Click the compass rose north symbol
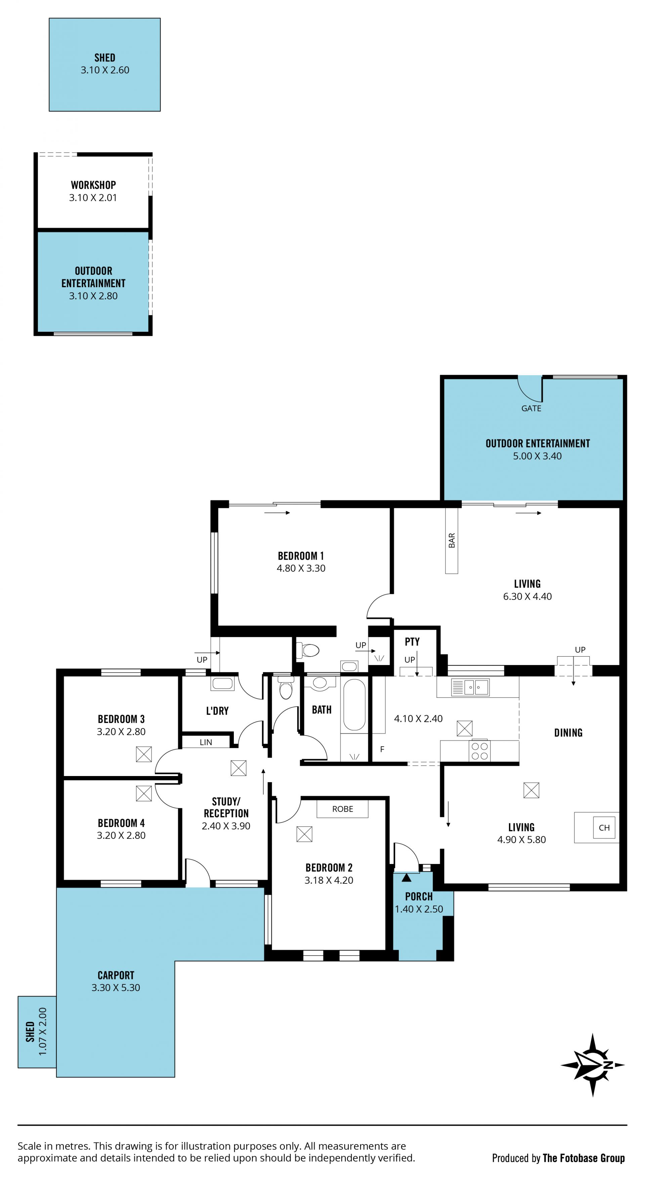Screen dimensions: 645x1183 (593, 1065)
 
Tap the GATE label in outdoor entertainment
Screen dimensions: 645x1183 (531, 408)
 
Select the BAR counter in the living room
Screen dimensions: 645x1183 (451, 540)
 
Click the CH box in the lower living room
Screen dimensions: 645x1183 (604, 828)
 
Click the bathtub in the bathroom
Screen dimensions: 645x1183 (354, 705)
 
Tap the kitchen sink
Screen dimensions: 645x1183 (470, 687)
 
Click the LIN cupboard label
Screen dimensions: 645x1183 (206, 742)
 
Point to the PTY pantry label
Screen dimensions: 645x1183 (412, 641)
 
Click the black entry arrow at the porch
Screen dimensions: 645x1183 (406, 878)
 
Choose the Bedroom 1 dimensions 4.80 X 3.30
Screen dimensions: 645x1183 (301, 568)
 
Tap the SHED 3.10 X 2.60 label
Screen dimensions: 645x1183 (105, 64)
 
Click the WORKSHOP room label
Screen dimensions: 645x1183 (93, 185)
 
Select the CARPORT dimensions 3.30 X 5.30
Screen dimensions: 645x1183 (116, 987)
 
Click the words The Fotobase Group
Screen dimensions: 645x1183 (584, 1158)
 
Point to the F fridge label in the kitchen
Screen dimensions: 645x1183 (382, 749)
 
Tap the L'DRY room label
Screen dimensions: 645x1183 (217, 711)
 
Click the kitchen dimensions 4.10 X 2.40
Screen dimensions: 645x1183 (418, 719)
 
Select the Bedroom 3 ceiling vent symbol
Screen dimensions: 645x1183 (144, 754)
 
